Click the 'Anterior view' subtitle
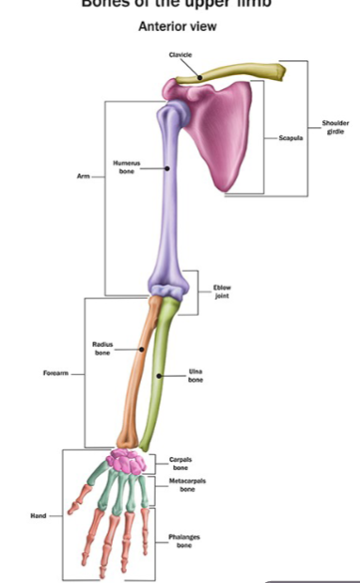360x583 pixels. (x=177, y=25)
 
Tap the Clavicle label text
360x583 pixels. (x=180, y=55)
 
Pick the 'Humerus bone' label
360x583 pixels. (x=127, y=167)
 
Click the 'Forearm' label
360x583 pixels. (x=55, y=373)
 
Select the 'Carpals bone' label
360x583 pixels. (x=180, y=463)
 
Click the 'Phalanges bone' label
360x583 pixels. (x=185, y=541)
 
